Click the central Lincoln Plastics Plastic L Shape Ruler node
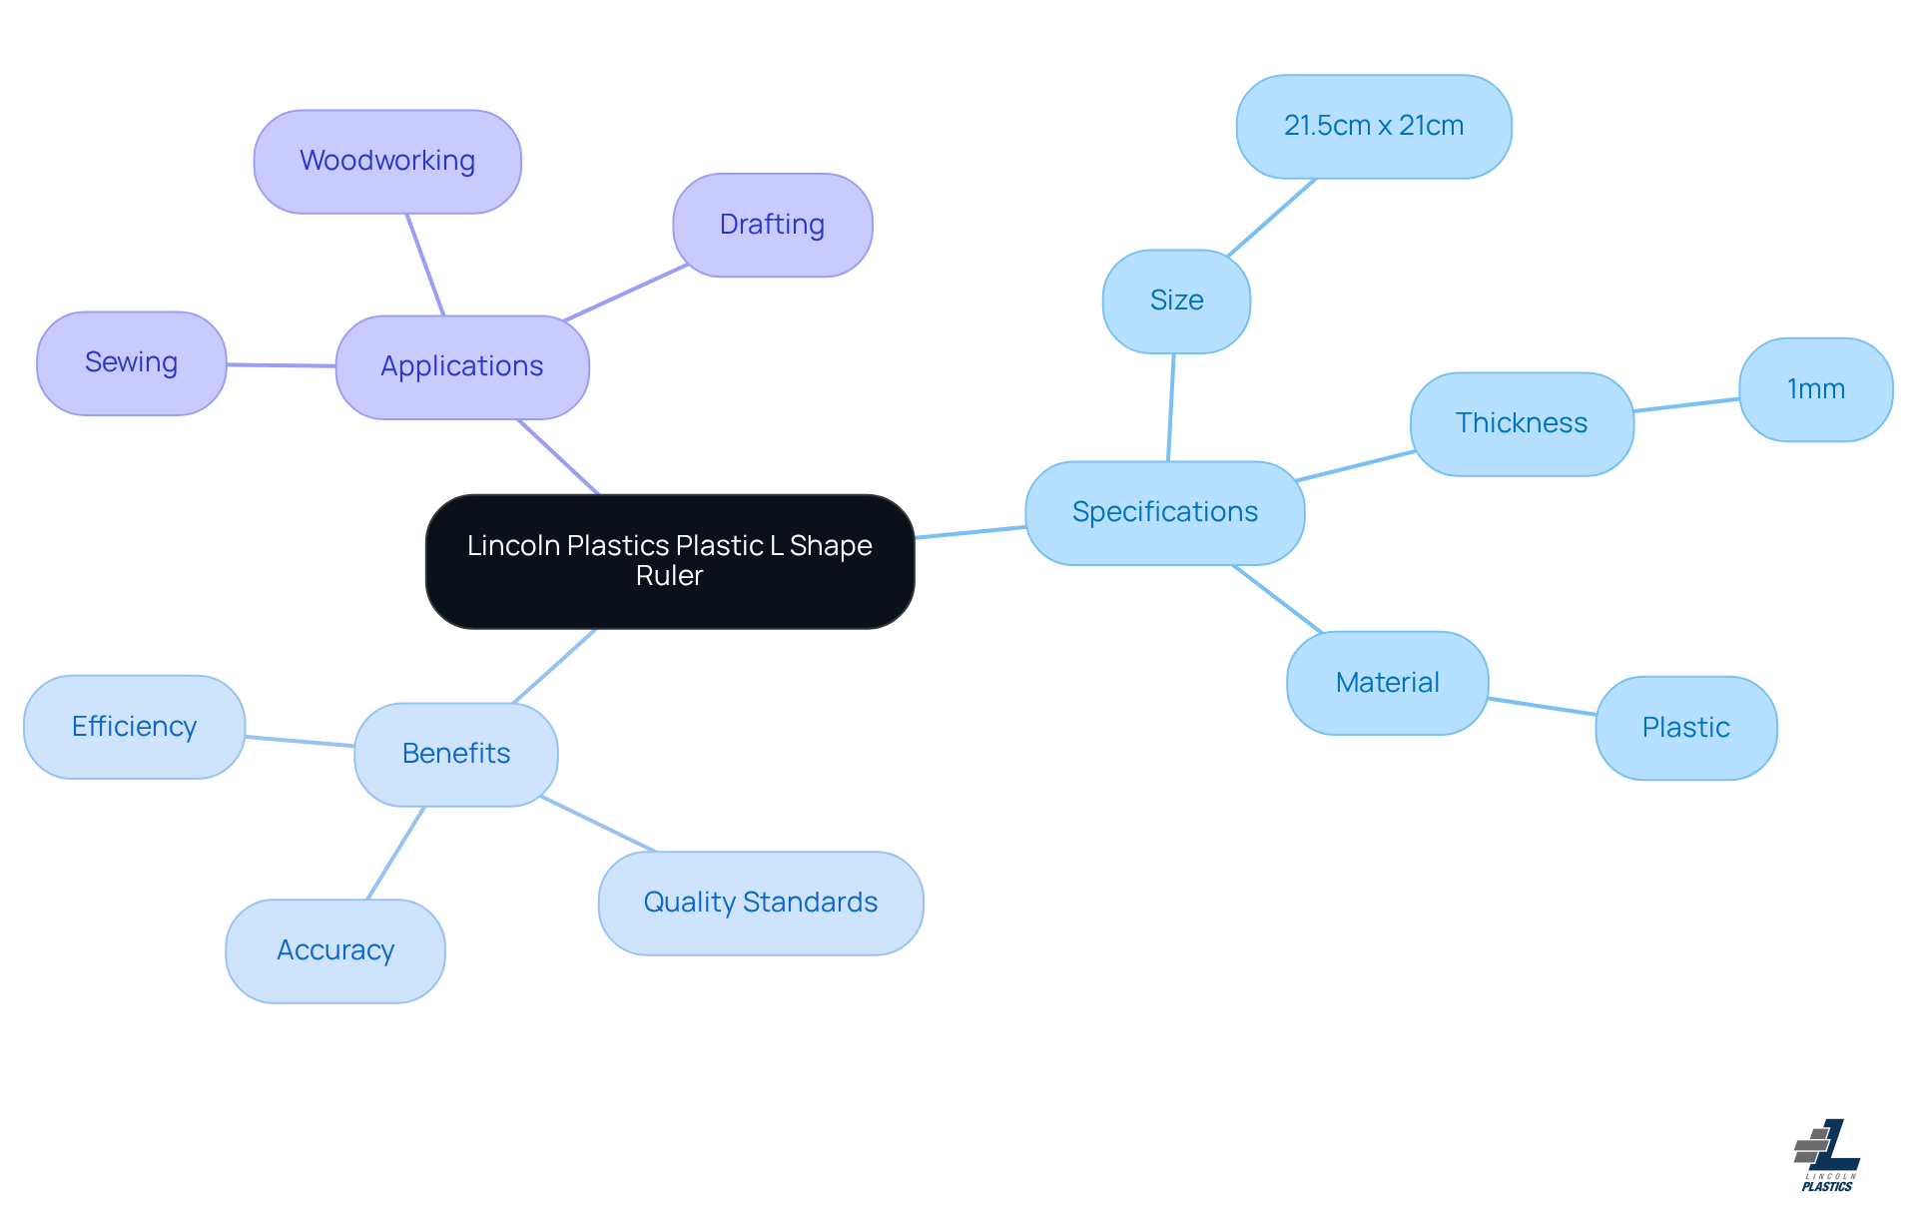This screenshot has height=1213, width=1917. click(x=670, y=561)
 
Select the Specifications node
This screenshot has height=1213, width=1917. click(x=1165, y=512)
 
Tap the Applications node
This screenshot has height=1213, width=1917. click(x=462, y=366)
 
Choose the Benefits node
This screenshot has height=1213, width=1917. click(x=456, y=754)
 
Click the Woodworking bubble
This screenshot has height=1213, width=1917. click(x=387, y=161)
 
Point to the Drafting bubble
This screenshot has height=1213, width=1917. click(x=772, y=225)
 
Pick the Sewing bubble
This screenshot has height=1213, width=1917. click(x=132, y=362)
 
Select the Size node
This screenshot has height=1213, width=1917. click(x=1176, y=301)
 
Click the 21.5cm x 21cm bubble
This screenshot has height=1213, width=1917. click(x=1374, y=126)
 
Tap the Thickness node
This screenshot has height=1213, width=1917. click(x=1522, y=423)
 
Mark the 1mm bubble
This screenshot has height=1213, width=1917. click(x=1815, y=389)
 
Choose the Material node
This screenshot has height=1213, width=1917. click(x=1387, y=683)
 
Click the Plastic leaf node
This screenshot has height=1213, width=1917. click(x=1685, y=728)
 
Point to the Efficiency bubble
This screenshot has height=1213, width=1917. click(x=135, y=727)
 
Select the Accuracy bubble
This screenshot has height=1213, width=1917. click(x=335, y=950)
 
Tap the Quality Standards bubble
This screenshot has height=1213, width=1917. click(x=761, y=903)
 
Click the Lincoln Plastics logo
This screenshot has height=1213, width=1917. click(x=1827, y=1155)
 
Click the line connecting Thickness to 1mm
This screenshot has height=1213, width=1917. click(x=1686, y=404)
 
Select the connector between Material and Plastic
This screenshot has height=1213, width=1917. click(x=1542, y=706)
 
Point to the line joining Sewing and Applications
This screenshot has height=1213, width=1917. click(x=282, y=365)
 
